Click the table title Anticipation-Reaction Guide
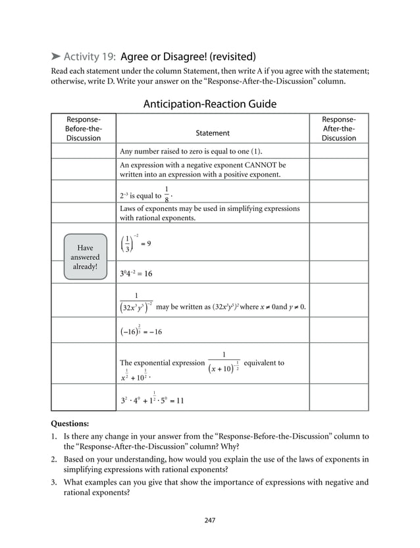[x=209, y=104]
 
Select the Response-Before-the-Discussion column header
[x=84, y=129]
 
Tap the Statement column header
[x=213, y=133]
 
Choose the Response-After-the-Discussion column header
[x=338, y=129]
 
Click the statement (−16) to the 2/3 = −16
[x=140, y=331]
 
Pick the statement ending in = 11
[x=152, y=399]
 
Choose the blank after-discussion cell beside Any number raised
[x=338, y=151]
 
